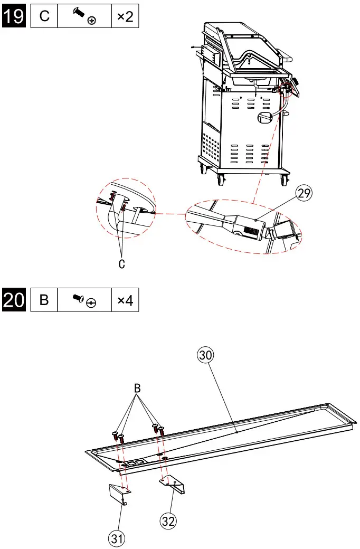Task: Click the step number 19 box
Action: point(14,16)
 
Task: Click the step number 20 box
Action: point(14,300)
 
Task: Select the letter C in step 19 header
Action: point(44,16)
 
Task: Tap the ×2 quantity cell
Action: point(125,16)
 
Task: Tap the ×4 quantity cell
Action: point(125,301)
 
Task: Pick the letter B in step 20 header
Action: point(44,301)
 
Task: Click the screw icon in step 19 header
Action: point(84,16)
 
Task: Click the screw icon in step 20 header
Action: point(84,301)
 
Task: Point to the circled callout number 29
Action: point(304,194)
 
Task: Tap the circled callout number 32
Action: point(168,520)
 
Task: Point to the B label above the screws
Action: point(137,388)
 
